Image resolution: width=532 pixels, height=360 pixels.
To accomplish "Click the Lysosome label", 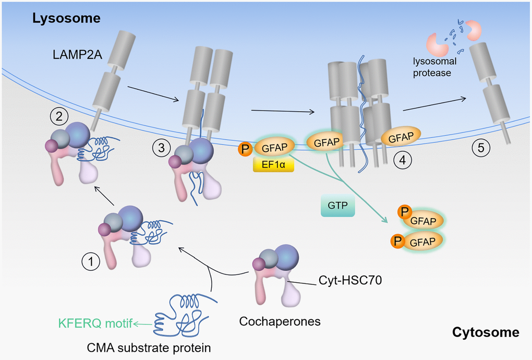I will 66,19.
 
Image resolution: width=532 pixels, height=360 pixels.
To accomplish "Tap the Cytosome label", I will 486,332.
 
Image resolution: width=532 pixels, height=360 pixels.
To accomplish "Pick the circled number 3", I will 162,149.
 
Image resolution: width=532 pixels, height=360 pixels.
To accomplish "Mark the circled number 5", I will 481,148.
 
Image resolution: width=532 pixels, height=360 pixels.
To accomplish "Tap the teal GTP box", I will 337,206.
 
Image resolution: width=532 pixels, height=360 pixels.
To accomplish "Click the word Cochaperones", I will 280,321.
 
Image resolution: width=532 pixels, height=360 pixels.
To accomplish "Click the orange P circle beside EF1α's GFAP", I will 245,149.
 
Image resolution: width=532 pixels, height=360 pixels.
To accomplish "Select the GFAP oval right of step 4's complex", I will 401,138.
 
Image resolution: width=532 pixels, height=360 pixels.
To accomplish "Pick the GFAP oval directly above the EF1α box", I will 274,148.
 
